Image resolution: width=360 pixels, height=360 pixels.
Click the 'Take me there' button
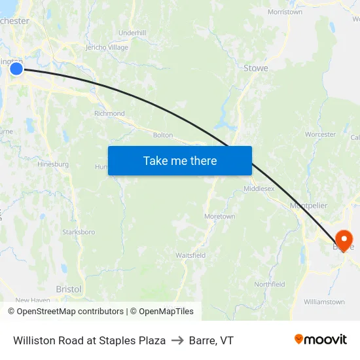point(180,160)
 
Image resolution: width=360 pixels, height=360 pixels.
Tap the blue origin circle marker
point(16,68)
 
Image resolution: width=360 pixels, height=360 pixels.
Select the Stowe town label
point(255,67)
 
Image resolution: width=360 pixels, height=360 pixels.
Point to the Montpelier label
point(308,206)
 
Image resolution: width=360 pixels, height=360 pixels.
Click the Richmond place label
point(109,113)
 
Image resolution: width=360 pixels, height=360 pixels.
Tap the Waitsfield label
point(190,255)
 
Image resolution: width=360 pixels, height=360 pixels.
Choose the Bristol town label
point(69,289)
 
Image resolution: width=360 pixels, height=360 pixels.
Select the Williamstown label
point(324,302)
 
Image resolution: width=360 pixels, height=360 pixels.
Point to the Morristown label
point(285,12)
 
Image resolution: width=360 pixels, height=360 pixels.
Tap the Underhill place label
point(132,33)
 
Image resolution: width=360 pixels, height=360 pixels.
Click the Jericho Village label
point(107,47)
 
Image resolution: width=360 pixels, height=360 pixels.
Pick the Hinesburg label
point(53,164)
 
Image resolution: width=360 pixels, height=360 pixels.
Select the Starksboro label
point(79,232)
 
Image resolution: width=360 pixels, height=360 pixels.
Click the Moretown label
point(219,216)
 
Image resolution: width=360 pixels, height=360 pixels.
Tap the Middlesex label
point(259,189)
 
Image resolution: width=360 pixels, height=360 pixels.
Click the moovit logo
point(321,340)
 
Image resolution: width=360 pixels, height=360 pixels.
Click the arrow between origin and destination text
point(177,340)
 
